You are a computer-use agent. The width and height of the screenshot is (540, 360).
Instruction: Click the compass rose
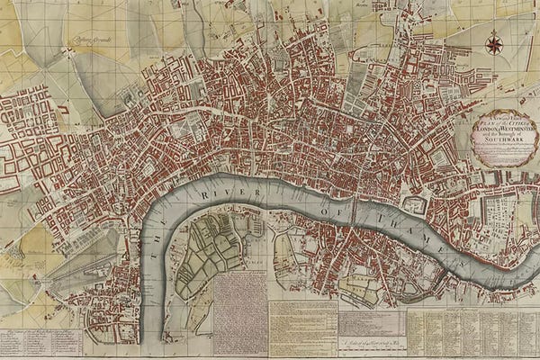493,42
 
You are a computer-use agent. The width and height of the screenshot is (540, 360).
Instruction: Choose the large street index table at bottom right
472,333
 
